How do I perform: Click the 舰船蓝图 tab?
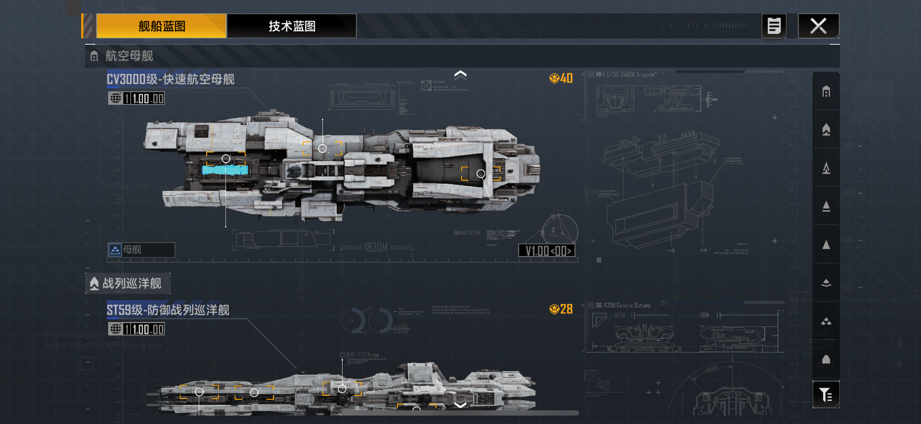161,26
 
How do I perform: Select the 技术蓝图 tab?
292,26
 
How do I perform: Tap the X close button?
818,26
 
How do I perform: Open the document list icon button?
774,26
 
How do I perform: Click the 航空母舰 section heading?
129,56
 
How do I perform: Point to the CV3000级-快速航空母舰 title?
171,79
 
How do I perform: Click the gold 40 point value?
561,78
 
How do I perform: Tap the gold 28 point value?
561,309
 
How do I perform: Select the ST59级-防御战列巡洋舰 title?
168,310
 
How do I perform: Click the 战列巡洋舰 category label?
131,283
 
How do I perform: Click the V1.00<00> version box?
547,250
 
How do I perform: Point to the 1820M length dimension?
376,247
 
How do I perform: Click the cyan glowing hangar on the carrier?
225,170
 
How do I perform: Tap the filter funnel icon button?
825,395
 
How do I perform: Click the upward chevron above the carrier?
460,75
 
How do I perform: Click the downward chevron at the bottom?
460,405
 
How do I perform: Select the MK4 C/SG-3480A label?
625,75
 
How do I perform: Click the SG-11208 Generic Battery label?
623,305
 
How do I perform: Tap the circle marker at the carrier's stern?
481,174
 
